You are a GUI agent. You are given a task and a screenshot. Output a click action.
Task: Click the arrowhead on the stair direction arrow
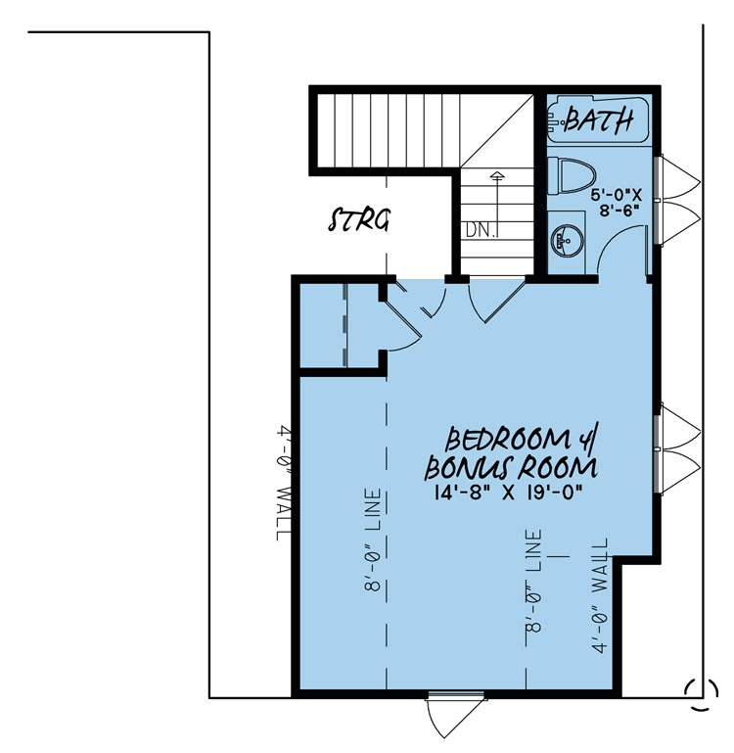coord(497,175)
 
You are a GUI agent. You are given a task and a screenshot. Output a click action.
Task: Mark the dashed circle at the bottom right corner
coord(697,690)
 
